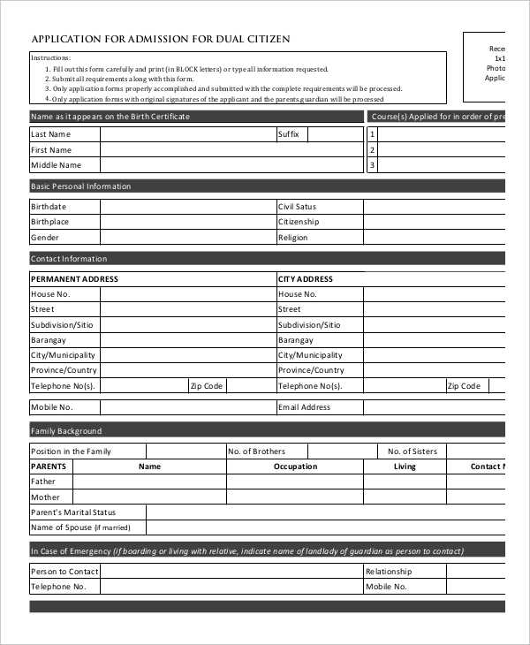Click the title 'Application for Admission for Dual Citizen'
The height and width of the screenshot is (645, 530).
[161, 39]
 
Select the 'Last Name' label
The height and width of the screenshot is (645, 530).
[50, 134]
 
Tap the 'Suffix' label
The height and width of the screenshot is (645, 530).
[289, 134]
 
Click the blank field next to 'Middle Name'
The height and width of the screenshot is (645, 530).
[187, 165]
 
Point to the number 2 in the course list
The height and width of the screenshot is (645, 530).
[373, 149]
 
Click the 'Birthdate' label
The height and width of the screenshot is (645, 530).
[49, 206]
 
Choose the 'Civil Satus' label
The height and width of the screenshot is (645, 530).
[297, 206]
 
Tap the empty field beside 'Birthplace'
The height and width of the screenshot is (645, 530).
[187, 222]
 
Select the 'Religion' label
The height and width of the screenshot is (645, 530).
[293, 238]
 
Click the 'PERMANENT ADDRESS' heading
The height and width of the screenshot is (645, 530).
[74, 279]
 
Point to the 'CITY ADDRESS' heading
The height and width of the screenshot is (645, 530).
[306, 279]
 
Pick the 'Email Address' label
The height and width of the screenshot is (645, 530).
[304, 407]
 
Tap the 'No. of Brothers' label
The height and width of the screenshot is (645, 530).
[256, 451]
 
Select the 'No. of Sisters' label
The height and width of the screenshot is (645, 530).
[413, 451]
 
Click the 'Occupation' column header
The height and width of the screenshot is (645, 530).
[295, 467]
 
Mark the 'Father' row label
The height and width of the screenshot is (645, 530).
[43, 482]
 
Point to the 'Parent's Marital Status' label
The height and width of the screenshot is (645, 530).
[73, 512]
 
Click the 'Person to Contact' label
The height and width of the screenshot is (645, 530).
[64, 572]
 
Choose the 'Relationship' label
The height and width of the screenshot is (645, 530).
[389, 572]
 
